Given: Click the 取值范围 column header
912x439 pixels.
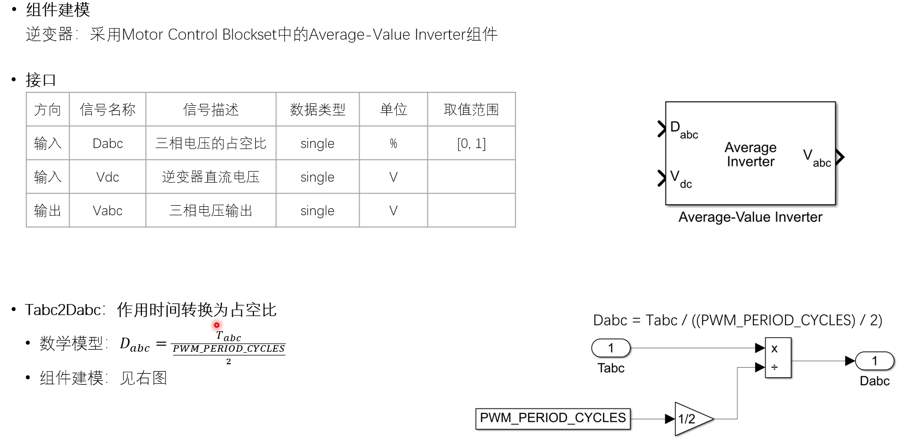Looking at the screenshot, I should tap(471, 109).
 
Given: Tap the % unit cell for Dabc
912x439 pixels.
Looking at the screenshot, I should tap(393, 143).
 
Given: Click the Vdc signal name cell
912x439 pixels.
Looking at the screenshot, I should tap(107, 177).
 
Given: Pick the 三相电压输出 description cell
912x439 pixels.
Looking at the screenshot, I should tap(211, 211).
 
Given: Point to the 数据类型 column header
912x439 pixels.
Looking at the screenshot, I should tap(318, 109).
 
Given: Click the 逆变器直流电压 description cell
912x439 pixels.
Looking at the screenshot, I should tap(211, 177).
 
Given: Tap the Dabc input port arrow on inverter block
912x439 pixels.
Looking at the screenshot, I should tap(662, 129).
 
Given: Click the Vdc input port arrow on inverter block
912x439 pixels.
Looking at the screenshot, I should tap(662, 178).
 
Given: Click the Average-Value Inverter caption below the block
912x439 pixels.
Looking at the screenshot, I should tap(750, 217).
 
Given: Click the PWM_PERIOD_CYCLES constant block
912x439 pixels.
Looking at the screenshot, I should tap(552, 418).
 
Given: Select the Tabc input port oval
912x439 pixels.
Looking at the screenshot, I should tap(611, 348).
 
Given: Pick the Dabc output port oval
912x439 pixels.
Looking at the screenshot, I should tap(874, 361).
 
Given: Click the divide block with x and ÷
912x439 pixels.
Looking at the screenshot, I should tap(778, 358).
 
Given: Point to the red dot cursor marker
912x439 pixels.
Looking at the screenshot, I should tap(217, 325).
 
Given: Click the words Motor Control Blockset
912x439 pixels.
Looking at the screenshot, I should tap(199, 35).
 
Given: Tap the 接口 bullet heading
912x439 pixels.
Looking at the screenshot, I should tap(41, 80).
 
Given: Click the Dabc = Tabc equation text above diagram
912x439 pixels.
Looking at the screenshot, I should tap(737, 320).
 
